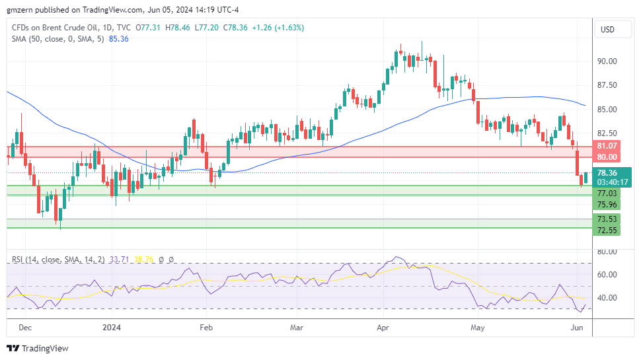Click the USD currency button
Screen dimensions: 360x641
[x=607, y=30]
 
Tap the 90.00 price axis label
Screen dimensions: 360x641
[x=607, y=61]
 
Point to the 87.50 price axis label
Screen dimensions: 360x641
[x=607, y=85]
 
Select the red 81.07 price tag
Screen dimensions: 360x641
[x=607, y=146]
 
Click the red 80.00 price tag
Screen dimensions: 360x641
[x=607, y=157]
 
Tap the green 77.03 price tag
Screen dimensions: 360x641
[x=607, y=194]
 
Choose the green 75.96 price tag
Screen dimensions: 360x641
[x=607, y=205]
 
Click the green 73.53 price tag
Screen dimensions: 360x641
[x=607, y=219]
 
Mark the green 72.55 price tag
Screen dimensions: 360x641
[x=607, y=230]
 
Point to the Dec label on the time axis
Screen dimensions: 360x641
[x=24, y=327]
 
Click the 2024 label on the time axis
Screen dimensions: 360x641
[x=112, y=327]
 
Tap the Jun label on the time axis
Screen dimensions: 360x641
[x=576, y=327]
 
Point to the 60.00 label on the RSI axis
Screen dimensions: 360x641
[x=607, y=275]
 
